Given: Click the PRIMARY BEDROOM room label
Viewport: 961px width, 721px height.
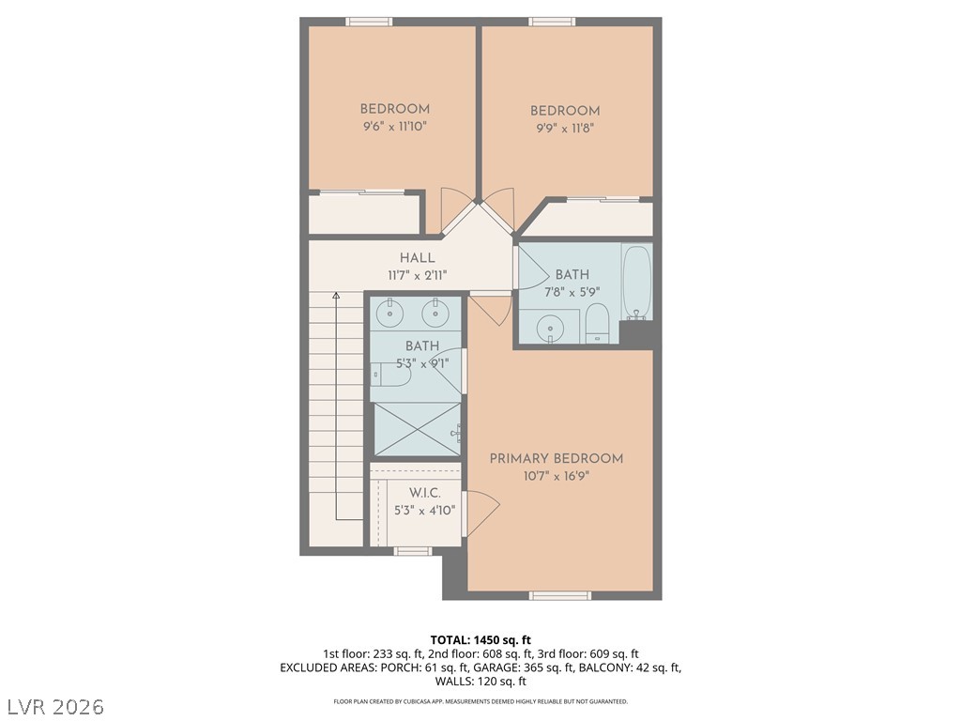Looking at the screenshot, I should (556, 458).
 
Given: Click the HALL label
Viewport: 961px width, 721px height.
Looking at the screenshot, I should (417, 258).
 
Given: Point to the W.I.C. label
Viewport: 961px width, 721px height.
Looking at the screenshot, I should (424, 493).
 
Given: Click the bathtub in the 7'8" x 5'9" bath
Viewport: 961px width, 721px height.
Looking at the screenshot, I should (636, 282).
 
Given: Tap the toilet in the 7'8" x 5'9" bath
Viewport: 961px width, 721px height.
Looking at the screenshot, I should (598, 326).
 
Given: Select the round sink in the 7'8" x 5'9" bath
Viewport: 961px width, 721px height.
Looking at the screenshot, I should (549, 327).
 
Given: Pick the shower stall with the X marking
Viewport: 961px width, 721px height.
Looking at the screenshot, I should (418, 429).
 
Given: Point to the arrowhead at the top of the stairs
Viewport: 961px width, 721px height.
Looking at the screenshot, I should (336, 296).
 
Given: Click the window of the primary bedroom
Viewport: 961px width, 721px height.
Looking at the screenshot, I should (560, 595).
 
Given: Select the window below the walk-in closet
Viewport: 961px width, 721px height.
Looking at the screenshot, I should (412, 551).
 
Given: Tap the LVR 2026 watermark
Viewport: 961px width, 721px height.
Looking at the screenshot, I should (54, 704).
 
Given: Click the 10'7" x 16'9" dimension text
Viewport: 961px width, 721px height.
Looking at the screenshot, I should (556, 476).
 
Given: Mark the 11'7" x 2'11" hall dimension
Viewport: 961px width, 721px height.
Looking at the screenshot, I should (417, 275).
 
